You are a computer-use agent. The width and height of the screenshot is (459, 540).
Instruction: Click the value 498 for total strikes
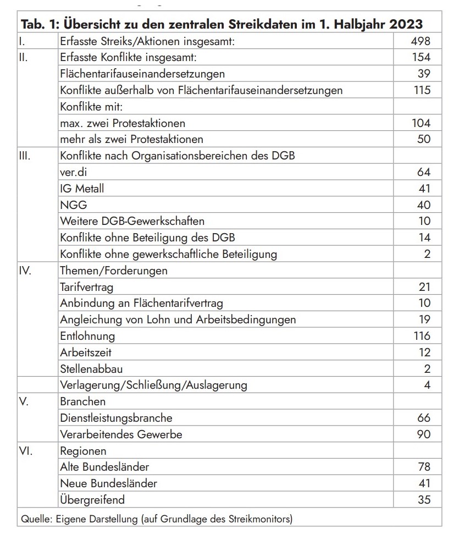point(421,41)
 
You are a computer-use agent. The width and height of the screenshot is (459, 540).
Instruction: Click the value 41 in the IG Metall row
point(423,189)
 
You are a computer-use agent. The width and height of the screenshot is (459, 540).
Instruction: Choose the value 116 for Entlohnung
point(422,335)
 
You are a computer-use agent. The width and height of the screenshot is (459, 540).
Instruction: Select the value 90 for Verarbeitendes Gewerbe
point(423,434)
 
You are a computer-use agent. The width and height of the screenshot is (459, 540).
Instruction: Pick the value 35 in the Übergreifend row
point(423,500)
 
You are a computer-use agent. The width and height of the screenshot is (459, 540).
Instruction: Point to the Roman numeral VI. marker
point(26,451)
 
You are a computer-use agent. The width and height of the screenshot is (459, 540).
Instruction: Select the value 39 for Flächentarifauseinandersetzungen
point(423,74)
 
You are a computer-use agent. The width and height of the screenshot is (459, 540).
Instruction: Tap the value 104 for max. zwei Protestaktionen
point(421,123)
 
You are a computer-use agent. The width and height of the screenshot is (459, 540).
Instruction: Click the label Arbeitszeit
point(86,352)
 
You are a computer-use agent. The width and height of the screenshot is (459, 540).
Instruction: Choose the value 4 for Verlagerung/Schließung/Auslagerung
point(427,385)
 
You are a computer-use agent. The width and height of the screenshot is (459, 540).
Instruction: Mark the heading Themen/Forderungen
point(114,271)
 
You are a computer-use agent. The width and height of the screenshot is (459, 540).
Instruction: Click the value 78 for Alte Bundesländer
point(423,467)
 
